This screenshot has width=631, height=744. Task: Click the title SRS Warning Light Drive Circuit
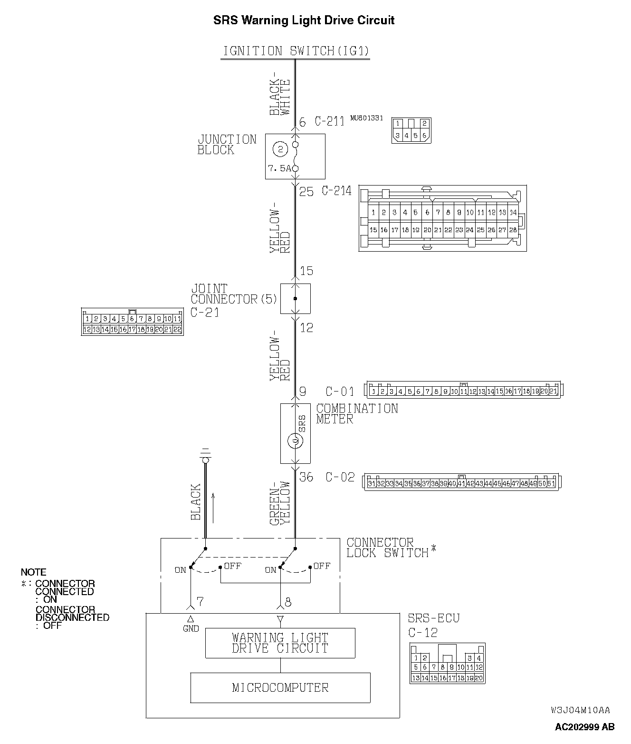tap(304, 20)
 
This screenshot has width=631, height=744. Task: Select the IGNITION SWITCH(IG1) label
tap(296, 51)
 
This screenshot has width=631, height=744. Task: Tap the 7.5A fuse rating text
tap(278, 168)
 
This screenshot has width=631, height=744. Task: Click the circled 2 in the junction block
tap(280, 149)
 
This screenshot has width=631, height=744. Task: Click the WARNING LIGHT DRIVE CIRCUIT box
tap(280, 643)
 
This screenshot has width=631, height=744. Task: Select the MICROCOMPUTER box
tap(280, 687)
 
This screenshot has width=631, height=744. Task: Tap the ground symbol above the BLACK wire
tap(205, 455)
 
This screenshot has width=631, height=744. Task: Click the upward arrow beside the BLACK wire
tap(213, 508)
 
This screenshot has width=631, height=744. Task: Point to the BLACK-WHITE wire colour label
tap(279, 97)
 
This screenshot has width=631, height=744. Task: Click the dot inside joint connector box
tap(295, 299)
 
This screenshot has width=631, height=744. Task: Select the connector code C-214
tap(336, 191)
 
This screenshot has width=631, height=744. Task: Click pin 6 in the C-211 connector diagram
tap(424, 136)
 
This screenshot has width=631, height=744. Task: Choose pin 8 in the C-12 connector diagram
tap(442, 667)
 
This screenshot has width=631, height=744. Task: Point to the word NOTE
tap(33, 572)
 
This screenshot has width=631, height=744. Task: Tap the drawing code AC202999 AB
tap(584, 727)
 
